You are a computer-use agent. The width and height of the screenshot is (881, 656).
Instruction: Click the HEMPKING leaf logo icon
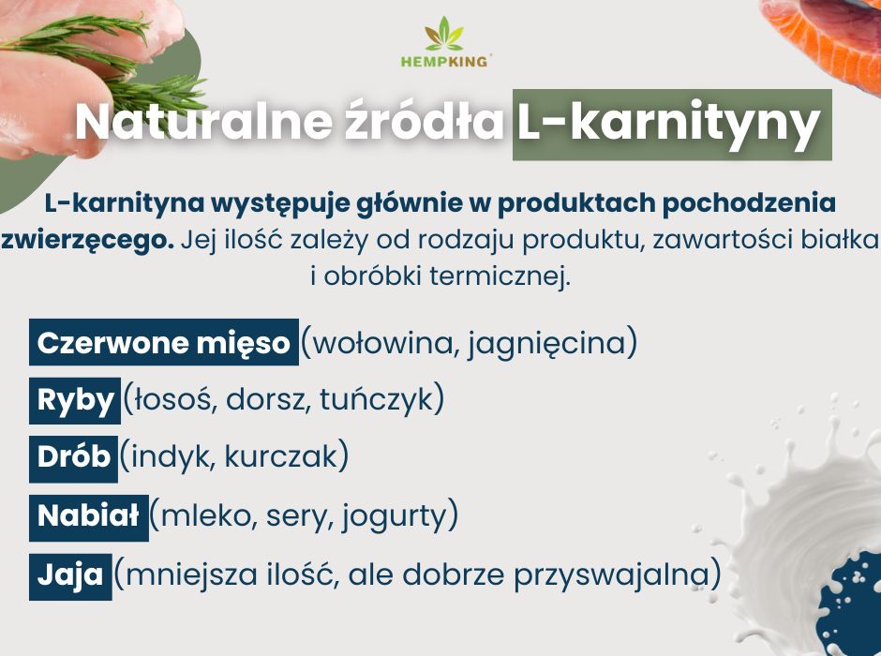(444, 34)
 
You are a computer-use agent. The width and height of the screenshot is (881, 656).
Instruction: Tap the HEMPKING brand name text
(444, 61)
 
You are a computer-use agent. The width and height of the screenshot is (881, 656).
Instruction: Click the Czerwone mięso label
(163, 342)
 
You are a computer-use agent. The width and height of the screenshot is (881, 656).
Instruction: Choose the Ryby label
(75, 400)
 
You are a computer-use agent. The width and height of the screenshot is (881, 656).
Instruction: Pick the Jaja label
(71, 576)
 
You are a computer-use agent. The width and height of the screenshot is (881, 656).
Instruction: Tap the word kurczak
(280, 456)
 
